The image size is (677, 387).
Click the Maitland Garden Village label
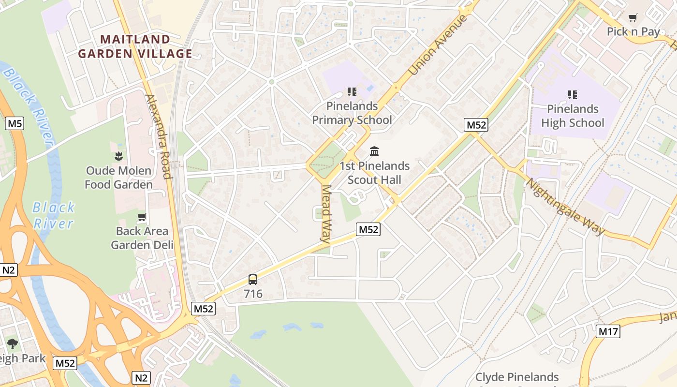pos(135,46)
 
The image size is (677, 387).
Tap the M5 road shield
pos(15,124)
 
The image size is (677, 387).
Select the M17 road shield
pos(608,331)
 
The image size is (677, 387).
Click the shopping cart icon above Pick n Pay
pos(633,18)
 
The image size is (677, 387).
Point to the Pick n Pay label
pos(633,32)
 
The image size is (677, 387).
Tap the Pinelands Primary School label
pos(352,113)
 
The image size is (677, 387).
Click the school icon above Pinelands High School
pos(573,95)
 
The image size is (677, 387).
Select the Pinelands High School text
pos(573,116)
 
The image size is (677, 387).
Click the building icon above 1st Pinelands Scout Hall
pos(374,151)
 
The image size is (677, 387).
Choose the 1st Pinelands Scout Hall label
pos(374,173)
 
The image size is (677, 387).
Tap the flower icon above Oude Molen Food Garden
pos(118,156)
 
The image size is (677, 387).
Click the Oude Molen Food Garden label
pos(118,178)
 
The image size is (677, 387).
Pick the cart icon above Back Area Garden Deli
pos(142,217)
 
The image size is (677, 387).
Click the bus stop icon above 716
pos(253,279)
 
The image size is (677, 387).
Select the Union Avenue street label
pos(438,45)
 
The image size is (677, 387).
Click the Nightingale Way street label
pos(565,207)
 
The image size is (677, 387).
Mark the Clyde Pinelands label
pos(517,377)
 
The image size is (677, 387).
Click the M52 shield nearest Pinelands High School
pos(476,125)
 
